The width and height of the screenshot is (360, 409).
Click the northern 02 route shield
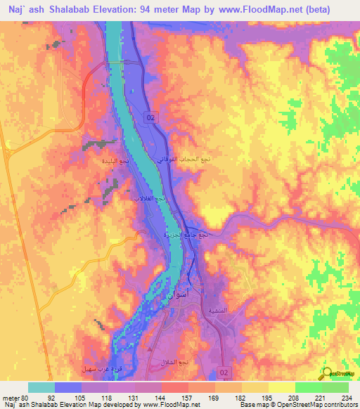click(151, 118)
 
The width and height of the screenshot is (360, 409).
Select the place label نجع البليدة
click(113, 161)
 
